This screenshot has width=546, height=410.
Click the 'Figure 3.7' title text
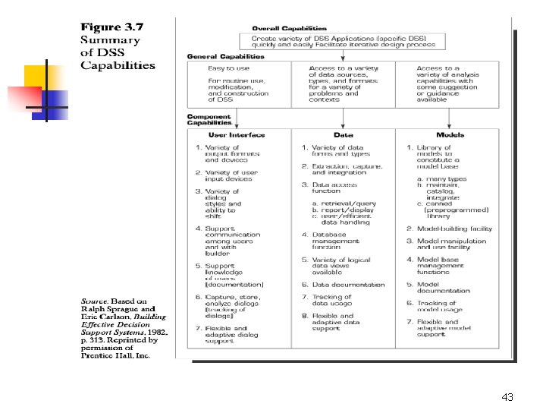pos(112,27)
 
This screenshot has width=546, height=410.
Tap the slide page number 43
pos(507,397)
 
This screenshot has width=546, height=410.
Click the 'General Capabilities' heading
pos(226,56)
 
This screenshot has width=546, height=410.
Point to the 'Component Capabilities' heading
pos(209,119)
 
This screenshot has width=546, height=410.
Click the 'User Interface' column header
pos(237,134)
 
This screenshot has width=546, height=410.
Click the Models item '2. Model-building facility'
pos(449,229)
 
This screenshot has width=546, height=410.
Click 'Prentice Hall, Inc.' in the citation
pos(116,355)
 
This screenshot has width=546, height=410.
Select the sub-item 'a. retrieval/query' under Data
pos(345,204)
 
